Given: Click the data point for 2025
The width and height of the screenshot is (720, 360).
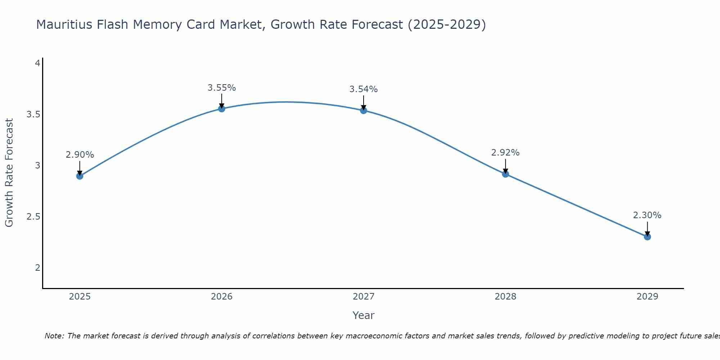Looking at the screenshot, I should (80, 176).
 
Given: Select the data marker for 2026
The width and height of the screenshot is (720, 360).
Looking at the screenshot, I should (222, 109).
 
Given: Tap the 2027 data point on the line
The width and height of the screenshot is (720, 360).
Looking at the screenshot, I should (364, 110).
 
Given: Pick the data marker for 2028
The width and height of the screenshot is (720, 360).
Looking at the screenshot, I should (505, 174).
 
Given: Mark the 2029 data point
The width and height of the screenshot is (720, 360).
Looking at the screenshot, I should (647, 237).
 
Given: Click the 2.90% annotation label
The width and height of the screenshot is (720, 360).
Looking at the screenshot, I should (80, 155).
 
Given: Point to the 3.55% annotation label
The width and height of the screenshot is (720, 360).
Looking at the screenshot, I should (222, 88).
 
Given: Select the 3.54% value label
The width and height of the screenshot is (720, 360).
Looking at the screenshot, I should (364, 89).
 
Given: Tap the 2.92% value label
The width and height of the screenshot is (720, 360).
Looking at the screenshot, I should (505, 153).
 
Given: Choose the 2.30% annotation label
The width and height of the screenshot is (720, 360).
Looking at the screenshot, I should (647, 215).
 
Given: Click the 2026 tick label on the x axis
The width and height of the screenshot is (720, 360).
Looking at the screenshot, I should (222, 297).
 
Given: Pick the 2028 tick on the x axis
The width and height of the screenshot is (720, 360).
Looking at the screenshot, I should (505, 297).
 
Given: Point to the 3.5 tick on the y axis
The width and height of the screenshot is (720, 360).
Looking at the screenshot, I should (33, 114).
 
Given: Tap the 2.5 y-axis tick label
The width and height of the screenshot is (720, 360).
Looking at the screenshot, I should (33, 217).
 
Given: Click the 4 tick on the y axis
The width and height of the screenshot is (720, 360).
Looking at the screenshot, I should (37, 63).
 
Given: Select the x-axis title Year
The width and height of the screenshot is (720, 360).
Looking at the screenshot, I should (364, 315).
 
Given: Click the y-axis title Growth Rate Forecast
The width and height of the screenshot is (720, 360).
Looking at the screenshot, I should (9, 173).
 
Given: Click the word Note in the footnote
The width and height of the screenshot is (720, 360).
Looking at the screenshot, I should (54, 336).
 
